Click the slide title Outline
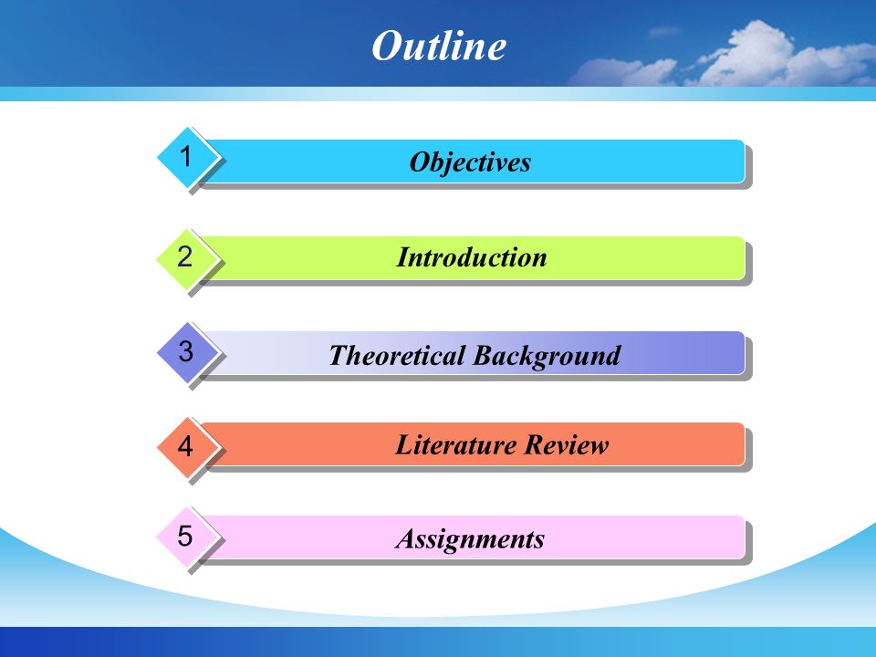click(439, 46)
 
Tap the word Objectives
click(470, 162)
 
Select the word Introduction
click(472, 257)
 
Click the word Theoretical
click(397, 355)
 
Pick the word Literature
click(455, 444)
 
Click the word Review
click(566, 444)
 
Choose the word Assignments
click(470, 539)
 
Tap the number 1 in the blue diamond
click(185, 156)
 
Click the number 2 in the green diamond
click(185, 256)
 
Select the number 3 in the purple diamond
click(185, 351)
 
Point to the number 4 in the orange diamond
click(185, 446)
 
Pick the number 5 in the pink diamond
click(185, 536)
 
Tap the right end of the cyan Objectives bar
click(745, 162)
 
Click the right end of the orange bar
click(745, 444)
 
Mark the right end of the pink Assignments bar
click(745, 537)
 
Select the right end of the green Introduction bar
click(745, 258)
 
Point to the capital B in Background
click(484, 355)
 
